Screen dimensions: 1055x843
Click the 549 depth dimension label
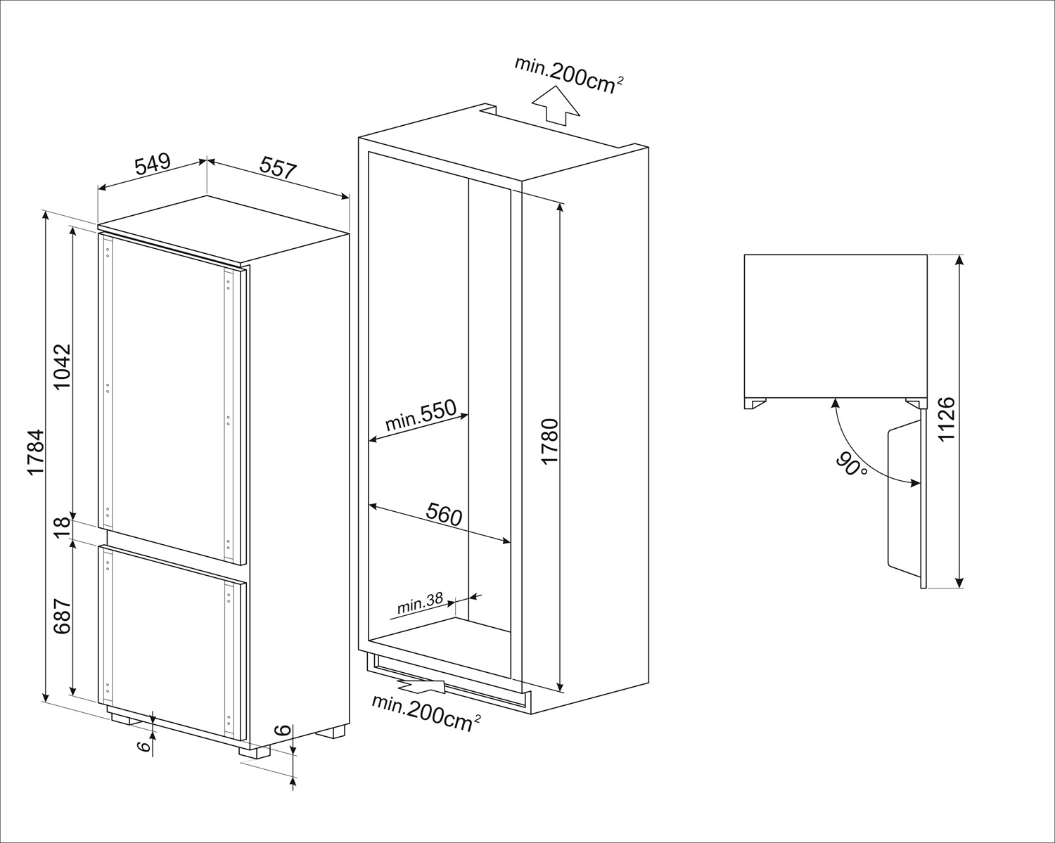pyautogui.click(x=153, y=164)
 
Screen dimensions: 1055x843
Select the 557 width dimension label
pyautogui.click(x=279, y=167)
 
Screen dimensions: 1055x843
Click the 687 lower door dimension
pyautogui.click(x=63, y=616)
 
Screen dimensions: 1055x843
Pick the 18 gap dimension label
pyautogui.click(x=63, y=526)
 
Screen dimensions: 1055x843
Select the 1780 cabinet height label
pyautogui.click(x=550, y=441)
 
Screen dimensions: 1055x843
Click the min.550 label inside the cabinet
pyautogui.click(x=421, y=416)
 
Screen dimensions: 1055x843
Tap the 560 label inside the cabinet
pyautogui.click(x=444, y=515)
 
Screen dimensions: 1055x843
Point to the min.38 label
pyautogui.click(x=420, y=603)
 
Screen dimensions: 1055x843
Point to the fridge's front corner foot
pyautogui.click(x=255, y=751)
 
